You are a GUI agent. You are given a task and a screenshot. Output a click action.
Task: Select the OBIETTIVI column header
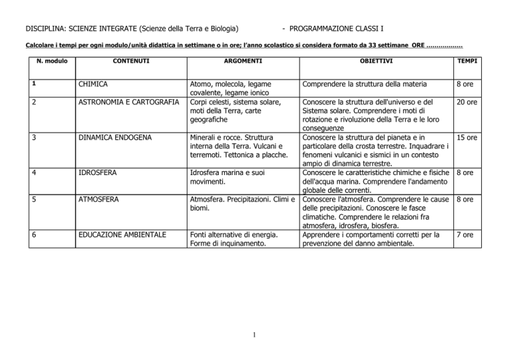366,62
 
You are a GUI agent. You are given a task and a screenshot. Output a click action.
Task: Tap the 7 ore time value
469,234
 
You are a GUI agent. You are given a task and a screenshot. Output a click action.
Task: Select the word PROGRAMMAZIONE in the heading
323,30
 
